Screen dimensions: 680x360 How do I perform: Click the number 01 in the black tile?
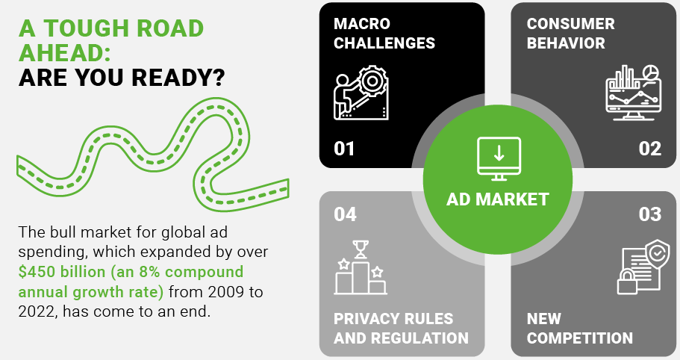[344, 149]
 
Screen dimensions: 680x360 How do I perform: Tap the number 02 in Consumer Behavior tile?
[649, 149]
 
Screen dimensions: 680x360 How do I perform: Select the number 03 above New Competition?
[649, 214]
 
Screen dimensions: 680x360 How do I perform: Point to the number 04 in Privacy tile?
[345, 214]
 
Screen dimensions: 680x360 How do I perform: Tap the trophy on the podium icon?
[361, 249]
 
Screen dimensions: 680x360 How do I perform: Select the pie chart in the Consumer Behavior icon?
[649, 73]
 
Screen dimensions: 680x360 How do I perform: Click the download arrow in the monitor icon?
[499, 152]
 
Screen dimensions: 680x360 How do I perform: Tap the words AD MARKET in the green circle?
[498, 199]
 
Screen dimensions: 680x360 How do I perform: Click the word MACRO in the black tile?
[362, 24]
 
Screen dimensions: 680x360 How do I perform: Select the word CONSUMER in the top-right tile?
[571, 24]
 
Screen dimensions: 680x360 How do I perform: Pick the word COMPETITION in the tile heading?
[580, 338]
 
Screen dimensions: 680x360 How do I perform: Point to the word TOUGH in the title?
[85, 28]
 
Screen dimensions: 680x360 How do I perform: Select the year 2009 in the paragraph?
[226, 292]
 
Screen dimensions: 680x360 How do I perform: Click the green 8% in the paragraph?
[149, 272]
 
